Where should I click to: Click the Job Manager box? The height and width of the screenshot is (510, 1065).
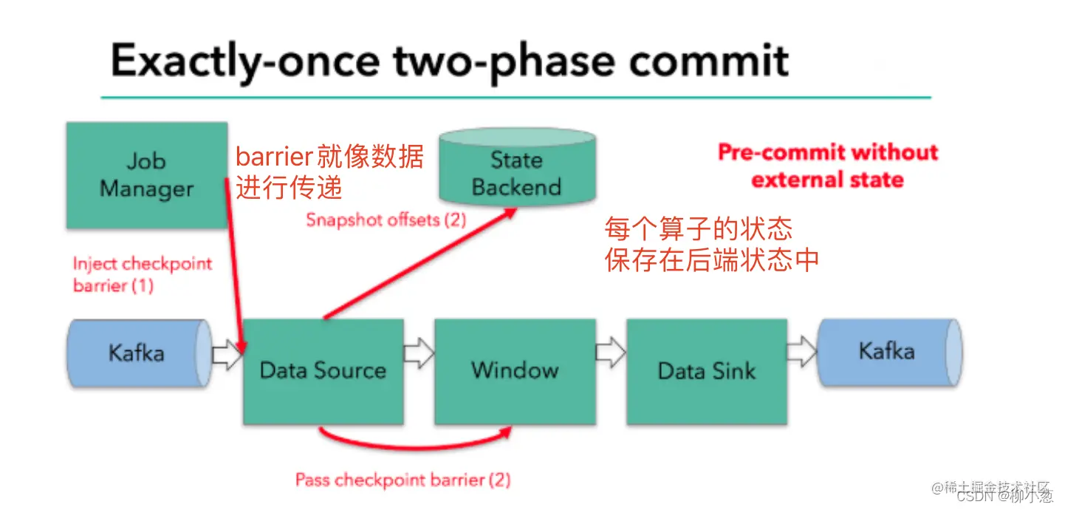point(146,175)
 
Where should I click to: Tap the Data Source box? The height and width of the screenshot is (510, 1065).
point(323,370)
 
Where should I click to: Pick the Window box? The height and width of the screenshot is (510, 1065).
point(515,370)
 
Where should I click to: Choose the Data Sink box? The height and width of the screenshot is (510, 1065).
point(706,370)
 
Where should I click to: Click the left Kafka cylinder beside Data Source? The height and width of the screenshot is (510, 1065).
point(137,353)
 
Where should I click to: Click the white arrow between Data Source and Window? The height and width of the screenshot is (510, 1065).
point(419,353)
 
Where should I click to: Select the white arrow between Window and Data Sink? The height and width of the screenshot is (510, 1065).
point(611,353)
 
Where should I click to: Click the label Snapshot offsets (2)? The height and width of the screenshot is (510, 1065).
point(386,220)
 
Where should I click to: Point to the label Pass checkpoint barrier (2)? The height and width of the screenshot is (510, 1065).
point(403,480)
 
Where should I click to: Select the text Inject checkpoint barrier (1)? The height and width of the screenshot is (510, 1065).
point(142,274)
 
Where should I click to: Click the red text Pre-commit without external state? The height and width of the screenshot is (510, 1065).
point(827,166)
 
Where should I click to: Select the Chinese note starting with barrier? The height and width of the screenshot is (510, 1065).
point(329,172)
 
